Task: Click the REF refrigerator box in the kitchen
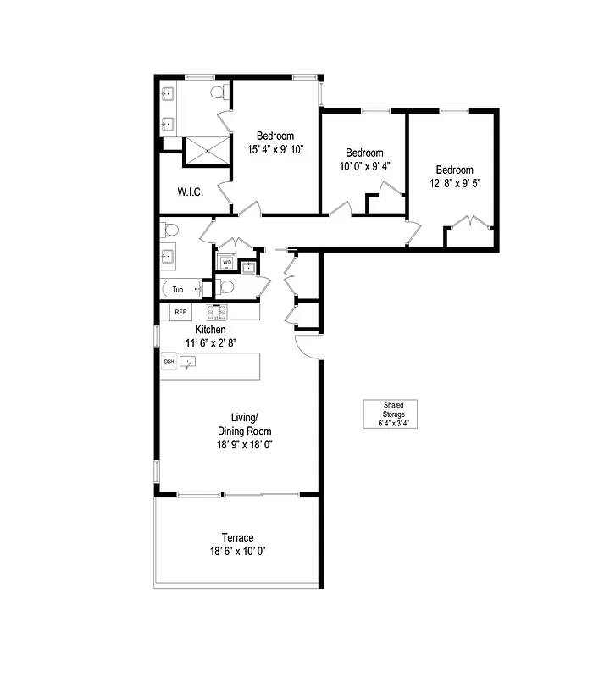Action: pos(180,312)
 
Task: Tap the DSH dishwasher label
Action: pos(169,362)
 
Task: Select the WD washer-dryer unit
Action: pos(226,263)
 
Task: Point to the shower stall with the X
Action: pos(207,151)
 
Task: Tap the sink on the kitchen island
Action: pos(188,362)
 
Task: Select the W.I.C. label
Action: pos(190,192)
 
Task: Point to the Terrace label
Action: pos(237,537)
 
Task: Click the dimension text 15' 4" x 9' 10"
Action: pos(275,149)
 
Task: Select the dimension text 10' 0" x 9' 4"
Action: pos(364,166)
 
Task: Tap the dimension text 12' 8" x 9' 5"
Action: pos(455,182)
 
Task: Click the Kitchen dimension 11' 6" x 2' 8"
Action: pos(210,343)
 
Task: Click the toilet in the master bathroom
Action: pos(219,92)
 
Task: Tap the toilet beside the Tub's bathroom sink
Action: pos(170,229)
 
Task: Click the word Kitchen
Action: pos(210,329)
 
